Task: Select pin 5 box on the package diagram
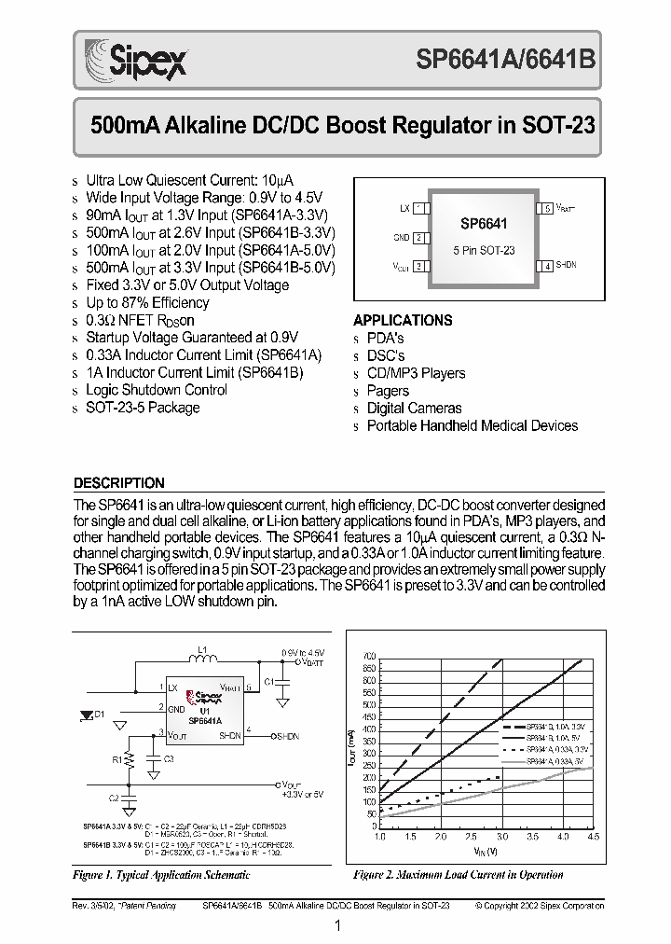pyautogui.click(x=547, y=208)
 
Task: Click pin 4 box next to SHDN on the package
pyautogui.click(x=547, y=266)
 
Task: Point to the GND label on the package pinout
pyautogui.click(x=402, y=237)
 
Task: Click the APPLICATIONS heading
pyautogui.click(x=403, y=320)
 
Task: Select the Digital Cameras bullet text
pyautogui.click(x=414, y=408)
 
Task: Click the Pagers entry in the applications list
pyautogui.click(x=388, y=391)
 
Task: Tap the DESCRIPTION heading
pyautogui.click(x=118, y=483)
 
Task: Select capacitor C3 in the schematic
pyautogui.click(x=157, y=760)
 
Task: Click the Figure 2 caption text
pyautogui.click(x=458, y=875)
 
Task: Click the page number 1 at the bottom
pyautogui.click(x=335, y=924)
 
